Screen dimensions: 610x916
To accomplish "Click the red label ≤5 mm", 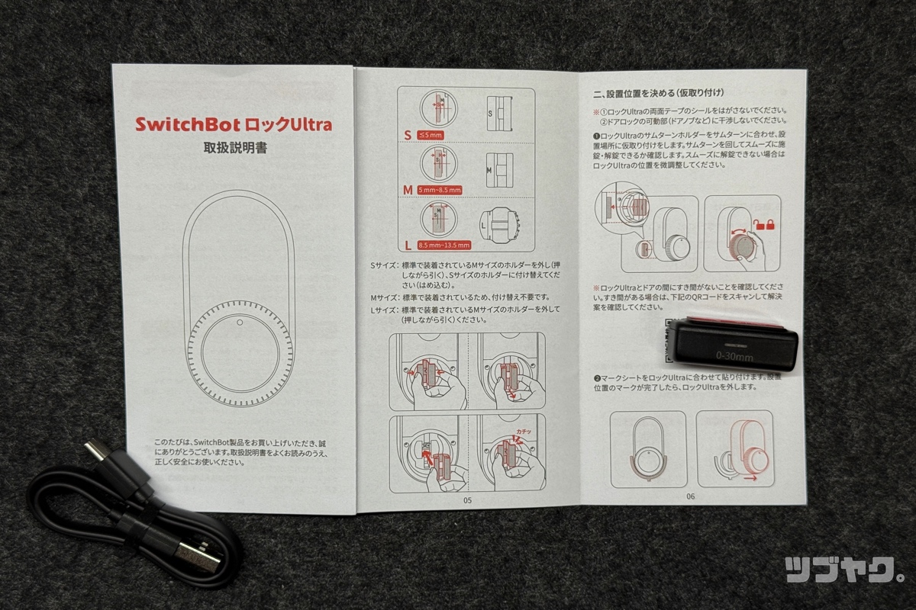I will [x=431, y=135].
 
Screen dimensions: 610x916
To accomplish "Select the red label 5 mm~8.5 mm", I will [x=440, y=189].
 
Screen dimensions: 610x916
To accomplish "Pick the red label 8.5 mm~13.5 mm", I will [x=443, y=245].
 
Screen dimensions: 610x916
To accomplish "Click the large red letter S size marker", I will [x=408, y=134].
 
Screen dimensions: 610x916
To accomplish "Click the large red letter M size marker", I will [x=408, y=188].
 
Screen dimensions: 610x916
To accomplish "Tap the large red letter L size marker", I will [x=408, y=244].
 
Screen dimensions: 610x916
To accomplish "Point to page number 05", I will [x=467, y=500].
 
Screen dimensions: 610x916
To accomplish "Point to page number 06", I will [x=690, y=496].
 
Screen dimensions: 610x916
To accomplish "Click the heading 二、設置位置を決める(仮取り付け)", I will [x=658, y=95].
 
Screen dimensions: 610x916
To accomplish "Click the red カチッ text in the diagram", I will [x=523, y=432].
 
